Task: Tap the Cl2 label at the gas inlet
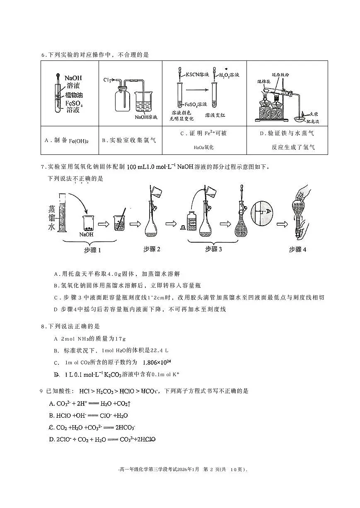tap(107, 79)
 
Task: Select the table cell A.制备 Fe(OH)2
tap(69, 140)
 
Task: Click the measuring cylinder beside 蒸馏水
tap(62, 217)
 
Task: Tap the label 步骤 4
tap(298, 249)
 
